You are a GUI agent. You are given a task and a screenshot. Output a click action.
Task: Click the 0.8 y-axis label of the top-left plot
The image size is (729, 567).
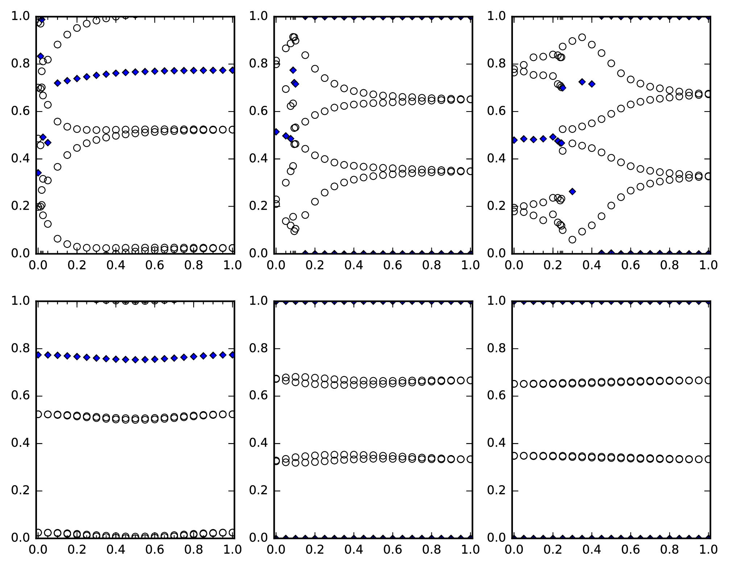(20, 64)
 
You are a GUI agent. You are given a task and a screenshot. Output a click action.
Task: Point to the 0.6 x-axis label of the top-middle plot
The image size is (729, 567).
(393, 265)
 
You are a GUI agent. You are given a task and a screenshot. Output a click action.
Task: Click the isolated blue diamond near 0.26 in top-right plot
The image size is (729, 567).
(572, 191)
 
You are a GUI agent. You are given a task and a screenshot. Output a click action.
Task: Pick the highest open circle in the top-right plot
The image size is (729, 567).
(582, 37)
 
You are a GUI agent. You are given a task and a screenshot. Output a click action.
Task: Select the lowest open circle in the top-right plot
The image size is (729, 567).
(572, 239)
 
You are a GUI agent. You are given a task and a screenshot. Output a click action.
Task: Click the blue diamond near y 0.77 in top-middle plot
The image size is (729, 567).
(293, 70)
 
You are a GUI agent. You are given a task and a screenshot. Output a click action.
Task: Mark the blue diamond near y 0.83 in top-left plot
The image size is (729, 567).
(41, 56)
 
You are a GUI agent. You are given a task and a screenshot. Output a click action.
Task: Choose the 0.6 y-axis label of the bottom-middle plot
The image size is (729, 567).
(258, 396)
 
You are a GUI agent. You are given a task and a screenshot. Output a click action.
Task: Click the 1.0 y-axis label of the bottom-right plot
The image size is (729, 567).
(496, 301)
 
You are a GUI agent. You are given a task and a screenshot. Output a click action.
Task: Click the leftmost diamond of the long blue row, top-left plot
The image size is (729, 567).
(57, 83)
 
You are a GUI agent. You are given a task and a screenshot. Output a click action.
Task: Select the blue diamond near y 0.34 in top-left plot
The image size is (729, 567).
(38, 173)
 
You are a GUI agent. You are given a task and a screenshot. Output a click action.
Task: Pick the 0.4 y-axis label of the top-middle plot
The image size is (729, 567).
(258, 159)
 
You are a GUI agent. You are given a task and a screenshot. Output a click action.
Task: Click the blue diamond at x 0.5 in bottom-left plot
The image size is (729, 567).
(135, 360)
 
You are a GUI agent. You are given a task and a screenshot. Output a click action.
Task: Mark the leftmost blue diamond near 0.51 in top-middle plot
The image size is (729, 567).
(276, 132)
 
